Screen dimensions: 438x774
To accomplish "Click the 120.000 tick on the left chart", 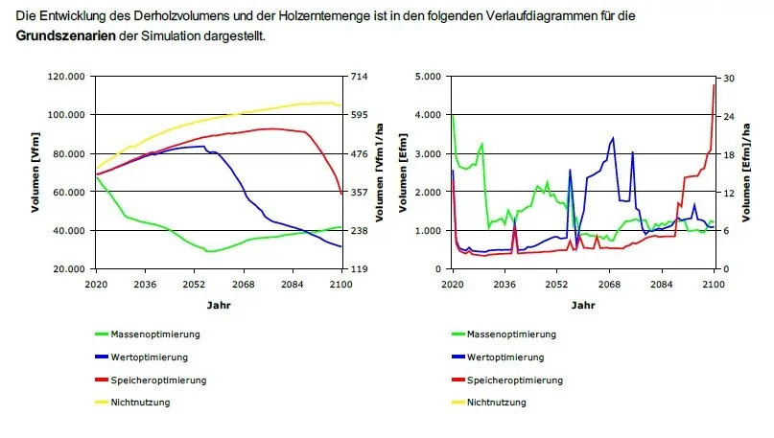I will (x=67, y=76).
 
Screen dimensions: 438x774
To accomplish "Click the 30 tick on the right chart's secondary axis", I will (x=728, y=76).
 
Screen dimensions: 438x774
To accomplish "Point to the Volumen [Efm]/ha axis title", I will (x=758, y=173).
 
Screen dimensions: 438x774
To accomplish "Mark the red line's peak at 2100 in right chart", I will (x=715, y=85).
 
